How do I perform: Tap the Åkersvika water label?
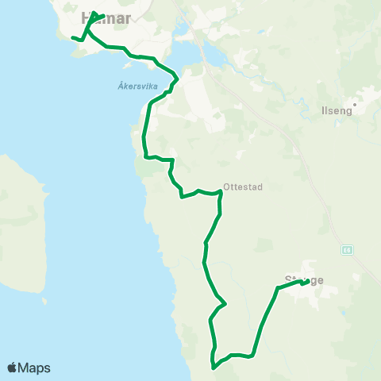(x=128, y=87)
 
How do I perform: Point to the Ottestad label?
(x=243, y=187)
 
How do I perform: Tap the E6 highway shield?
(x=348, y=249)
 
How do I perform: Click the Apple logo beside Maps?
(x=12, y=368)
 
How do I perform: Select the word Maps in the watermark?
(x=34, y=368)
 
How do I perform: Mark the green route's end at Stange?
(x=306, y=282)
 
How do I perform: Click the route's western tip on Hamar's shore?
(x=72, y=37)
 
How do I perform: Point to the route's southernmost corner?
(x=213, y=367)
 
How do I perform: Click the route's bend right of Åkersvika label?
(x=177, y=79)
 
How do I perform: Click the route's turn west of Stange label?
(x=276, y=289)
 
